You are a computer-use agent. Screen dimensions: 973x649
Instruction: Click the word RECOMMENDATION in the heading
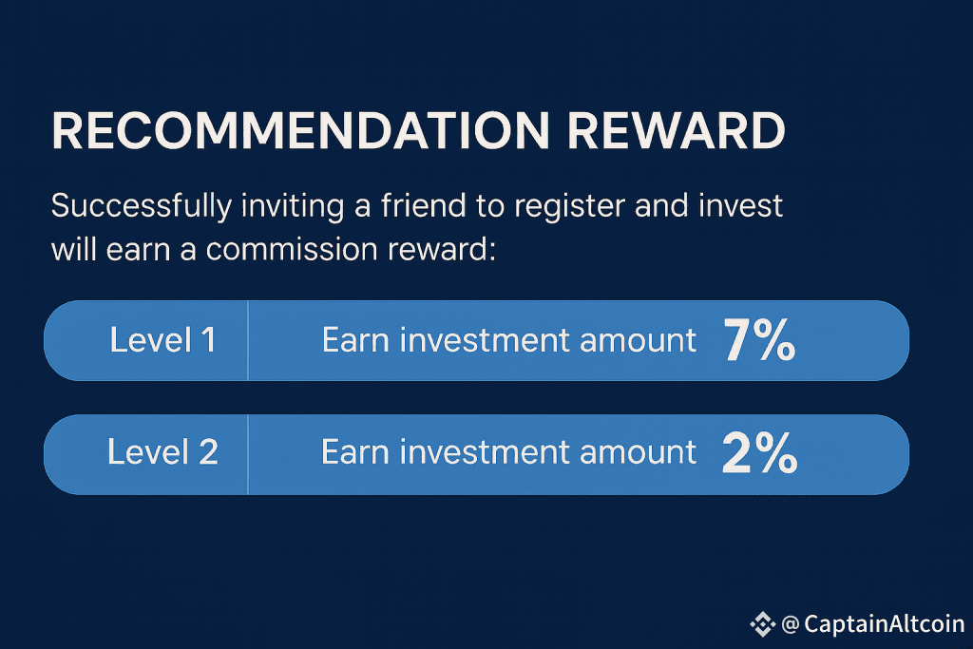pyautogui.click(x=300, y=131)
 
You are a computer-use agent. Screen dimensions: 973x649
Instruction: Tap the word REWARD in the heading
pyautogui.click(x=677, y=131)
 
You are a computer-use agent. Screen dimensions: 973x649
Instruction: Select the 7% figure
pyautogui.click(x=759, y=339)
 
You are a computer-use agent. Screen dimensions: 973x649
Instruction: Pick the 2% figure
pyautogui.click(x=759, y=452)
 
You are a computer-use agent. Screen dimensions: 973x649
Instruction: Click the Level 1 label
pyautogui.click(x=162, y=340)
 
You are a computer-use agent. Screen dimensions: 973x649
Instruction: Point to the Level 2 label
pyautogui.click(x=162, y=451)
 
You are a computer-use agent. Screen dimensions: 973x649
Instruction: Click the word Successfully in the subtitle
pyautogui.click(x=142, y=207)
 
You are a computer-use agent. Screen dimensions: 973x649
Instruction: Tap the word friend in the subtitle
pyautogui.click(x=423, y=205)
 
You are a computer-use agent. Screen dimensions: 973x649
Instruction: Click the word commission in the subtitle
pyautogui.click(x=292, y=249)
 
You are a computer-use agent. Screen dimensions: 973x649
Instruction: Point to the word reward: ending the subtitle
pyautogui.click(x=442, y=250)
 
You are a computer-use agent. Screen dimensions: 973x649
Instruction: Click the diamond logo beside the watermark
pyautogui.click(x=763, y=624)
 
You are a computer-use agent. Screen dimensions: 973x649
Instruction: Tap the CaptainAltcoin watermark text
pyautogui.click(x=885, y=624)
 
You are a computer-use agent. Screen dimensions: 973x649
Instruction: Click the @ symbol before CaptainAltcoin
pyautogui.click(x=791, y=624)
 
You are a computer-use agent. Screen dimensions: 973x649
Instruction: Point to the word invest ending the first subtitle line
pyautogui.click(x=741, y=205)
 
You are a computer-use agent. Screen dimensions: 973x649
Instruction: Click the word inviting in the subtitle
pyautogui.click(x=293, y=207)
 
